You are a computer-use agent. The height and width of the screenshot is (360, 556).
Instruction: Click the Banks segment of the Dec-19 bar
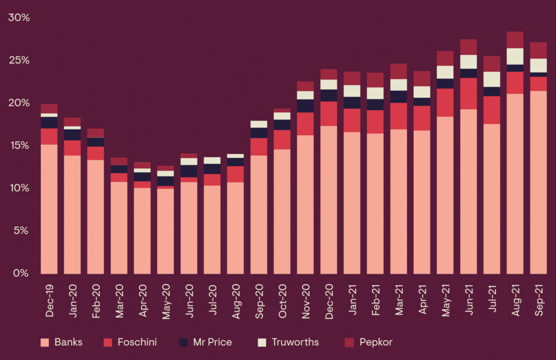click(49, 209)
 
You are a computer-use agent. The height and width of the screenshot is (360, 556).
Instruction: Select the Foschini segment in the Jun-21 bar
click(469, 93)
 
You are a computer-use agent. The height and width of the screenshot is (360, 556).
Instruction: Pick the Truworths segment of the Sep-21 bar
click(538, 65)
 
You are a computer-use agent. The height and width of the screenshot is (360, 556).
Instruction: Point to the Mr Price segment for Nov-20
click(305, 106)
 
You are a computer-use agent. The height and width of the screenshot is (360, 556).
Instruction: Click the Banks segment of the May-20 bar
click(166, 231)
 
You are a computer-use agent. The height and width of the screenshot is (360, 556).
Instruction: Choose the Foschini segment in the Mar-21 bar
click(399, 116)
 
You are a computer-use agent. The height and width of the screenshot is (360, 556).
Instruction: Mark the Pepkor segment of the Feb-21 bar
click(375, 80)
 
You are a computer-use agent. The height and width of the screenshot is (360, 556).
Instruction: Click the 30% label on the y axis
click(18, 17)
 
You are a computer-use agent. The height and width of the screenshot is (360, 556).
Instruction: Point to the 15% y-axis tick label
click(18, 145)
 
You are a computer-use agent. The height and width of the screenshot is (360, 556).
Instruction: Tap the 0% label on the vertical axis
click(21, 273)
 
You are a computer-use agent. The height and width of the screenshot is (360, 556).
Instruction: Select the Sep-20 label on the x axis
click(260, 296)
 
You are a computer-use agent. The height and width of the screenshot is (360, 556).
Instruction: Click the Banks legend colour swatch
click(45, 342)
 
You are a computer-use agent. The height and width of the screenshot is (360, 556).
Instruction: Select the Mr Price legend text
click(213, 342)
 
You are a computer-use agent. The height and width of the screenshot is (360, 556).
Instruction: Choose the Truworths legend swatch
click(262, 342)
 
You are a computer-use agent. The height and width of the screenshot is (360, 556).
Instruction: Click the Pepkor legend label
click(376, 342)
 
